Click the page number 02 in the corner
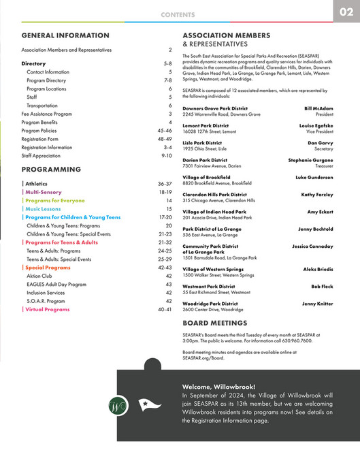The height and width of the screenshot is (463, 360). coord(346,12)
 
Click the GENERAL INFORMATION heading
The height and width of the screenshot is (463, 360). coord(65,35)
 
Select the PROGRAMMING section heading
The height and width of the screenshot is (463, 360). coord(52,169)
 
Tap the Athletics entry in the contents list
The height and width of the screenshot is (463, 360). coord(36,184)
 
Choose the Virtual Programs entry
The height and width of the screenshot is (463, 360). coord(47,309)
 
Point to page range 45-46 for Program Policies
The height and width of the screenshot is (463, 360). coord(164,130)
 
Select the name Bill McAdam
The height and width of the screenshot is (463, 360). coord(318,108)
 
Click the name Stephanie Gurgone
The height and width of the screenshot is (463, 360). coord(310,160)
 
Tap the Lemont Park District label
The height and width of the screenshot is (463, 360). coord(206,126)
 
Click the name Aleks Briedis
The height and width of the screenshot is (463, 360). coord(318,270)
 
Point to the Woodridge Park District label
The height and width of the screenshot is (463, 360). coord(210,304)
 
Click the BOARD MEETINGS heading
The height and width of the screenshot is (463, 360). coord(214,323)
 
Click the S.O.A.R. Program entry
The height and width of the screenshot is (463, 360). coord(46,301)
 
